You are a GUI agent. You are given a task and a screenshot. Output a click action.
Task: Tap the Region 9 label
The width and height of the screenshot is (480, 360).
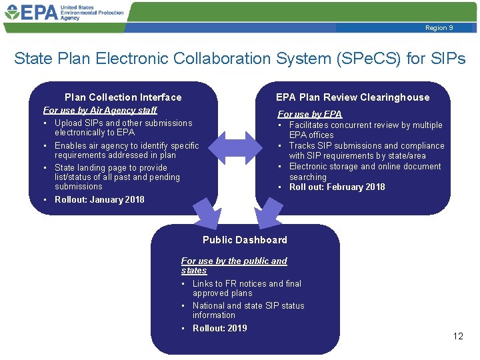click(x=439, y=28)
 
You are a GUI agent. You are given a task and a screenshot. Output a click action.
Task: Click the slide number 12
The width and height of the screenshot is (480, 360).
click(x=458, y=336)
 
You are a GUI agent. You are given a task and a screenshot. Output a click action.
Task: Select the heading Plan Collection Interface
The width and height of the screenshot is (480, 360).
click(x=123, y=97)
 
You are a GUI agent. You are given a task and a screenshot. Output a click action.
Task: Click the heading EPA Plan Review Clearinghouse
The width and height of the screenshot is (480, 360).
click(x=353, y=97)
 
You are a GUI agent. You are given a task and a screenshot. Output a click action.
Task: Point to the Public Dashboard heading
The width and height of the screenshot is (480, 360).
click(x=245, y=240)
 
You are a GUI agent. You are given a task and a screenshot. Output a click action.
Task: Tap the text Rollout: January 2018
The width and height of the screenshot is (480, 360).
click(x=99, y=199)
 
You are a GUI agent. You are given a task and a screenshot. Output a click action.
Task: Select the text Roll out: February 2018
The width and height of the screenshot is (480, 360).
click(x=337, y=187)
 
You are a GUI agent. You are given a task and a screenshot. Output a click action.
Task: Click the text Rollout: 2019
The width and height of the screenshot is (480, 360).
click(x=219, y=328)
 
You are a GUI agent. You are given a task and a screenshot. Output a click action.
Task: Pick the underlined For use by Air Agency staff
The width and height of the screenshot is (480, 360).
click(x=100, y=110)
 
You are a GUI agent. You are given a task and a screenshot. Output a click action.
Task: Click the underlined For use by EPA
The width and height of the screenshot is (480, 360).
click(x=309, y=115)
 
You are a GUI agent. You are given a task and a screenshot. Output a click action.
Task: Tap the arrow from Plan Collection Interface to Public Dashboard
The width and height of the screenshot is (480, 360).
click(x=206, y=213)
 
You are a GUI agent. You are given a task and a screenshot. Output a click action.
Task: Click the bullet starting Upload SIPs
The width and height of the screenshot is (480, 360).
click(x=123, y=127)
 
